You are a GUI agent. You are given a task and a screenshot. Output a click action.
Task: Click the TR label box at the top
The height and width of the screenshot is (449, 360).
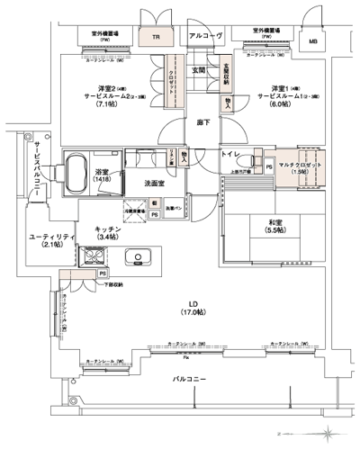pyautogui.click(x=156, y=38)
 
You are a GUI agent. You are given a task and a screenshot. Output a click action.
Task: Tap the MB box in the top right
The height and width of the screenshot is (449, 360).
pyautogui.click(x=312, y=40)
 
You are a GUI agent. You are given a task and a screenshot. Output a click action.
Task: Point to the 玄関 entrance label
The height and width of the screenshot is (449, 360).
pyautogui.click(x=198, y=69)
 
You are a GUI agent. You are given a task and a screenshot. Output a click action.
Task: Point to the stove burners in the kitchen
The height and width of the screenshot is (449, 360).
pyautogui.click(x=94, y=257)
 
